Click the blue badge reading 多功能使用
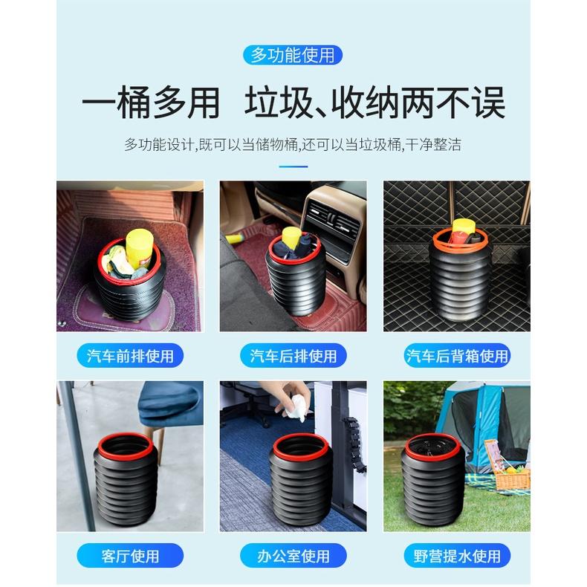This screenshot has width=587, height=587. (x=293, y=54)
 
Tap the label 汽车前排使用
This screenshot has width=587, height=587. (x=129, y=356)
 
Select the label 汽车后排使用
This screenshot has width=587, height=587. (x=293, y=356)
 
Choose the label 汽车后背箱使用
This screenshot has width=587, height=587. (x=457, y=356)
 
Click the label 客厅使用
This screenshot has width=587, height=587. (x=129, y=555)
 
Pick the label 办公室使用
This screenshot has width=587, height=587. (x=293, y=555)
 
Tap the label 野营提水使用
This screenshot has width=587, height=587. (x=457, y=555)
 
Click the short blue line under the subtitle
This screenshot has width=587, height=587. (x=293, y=166)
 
